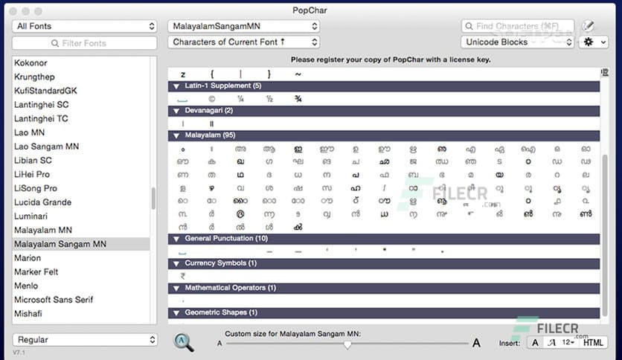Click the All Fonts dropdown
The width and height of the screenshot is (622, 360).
point(84,26)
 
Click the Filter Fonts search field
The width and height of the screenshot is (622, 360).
point(84,43)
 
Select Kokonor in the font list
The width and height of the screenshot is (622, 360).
point(31,62)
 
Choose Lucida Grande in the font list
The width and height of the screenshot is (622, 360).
point(42,202)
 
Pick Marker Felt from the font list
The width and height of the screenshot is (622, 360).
point(36,272)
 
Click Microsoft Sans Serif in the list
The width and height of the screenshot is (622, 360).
point(55,300)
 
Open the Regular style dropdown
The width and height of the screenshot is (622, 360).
point(84,339)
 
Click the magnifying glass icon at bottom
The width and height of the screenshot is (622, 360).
point(184,341)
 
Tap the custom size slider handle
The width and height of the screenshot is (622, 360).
point(347,344)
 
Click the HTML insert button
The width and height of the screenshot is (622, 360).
point(592,342)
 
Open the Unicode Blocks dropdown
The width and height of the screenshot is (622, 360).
point(517,42)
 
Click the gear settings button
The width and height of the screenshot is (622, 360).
point(593,42)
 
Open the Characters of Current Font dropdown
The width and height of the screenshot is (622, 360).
point(243,42)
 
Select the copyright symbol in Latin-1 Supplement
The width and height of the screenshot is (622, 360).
point(211,98)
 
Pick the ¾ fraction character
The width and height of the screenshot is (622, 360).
point(298,98)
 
